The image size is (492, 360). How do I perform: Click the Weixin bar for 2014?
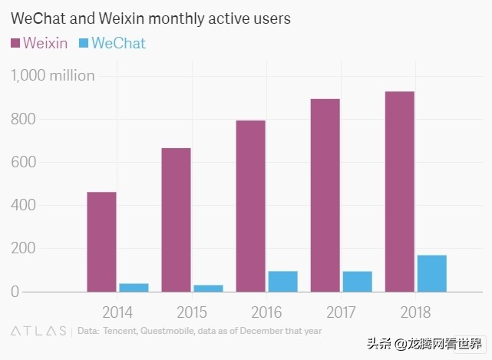(x=101, y=242)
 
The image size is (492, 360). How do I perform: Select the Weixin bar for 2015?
(x=176, y=220)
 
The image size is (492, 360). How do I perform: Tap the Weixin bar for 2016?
(x=250, y=206)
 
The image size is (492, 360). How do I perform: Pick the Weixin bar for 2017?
(x=325, y=195)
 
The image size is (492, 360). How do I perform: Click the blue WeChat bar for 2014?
(x=134, y=287)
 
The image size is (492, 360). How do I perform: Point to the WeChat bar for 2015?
(x=208, y=288)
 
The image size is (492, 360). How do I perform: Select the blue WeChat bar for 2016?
(x=282, y=281)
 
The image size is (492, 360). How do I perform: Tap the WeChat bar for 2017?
(x=358, y=281)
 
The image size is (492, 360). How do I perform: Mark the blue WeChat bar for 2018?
(x=432, y=273)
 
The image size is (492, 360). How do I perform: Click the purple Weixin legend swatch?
(x=15, y=43)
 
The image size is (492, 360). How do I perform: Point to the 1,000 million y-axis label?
(x=52, y=75)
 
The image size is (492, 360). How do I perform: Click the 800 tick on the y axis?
(x=23, y=119)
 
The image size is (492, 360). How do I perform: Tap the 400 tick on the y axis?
(x=23, y=205)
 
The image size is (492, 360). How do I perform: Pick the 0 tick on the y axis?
(x=15, y=292)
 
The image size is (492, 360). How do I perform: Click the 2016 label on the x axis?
(x=266, y=312)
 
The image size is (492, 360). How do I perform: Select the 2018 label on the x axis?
(x=415, y=312)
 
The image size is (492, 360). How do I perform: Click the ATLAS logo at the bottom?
(x=38, y=332)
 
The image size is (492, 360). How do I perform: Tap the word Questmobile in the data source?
(x=176, y=331)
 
